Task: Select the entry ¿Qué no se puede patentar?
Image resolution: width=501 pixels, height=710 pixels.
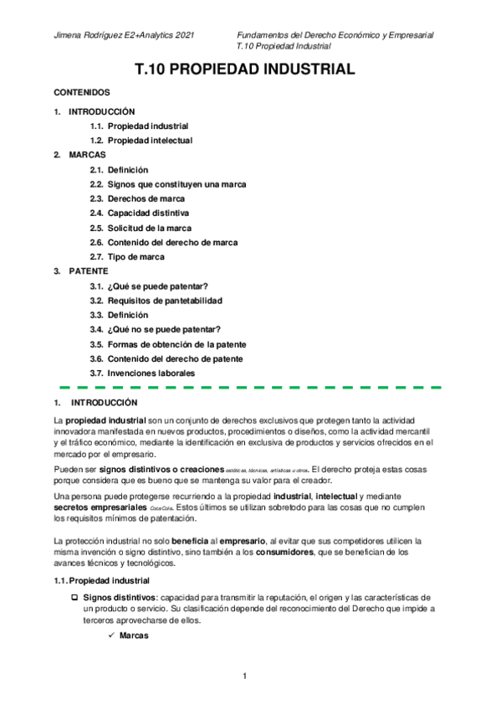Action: [164, 330]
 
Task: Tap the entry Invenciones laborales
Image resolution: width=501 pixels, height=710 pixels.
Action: [151, 373]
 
